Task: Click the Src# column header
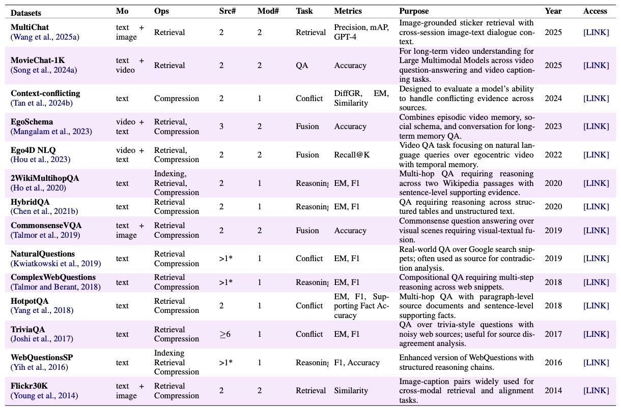click(x=226, y=11)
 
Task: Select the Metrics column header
click(x=348, y=11)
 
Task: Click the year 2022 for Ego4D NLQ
click(x=553, y=155)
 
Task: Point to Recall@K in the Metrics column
click(x=352, y=155)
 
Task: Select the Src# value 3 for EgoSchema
click(x=221, y=127)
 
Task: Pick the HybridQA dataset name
click(x=30, y=202)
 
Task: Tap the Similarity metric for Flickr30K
click(x=351, y=391)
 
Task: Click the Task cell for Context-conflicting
click(x=309, y=99)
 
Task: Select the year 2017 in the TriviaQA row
click(x=553, y=334)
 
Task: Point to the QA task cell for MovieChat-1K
click(x=302, y=66)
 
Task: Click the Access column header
click(x=595, y=11)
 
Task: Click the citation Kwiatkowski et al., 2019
click(x=55, y=263)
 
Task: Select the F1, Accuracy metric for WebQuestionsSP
click(x=357, y=363)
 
